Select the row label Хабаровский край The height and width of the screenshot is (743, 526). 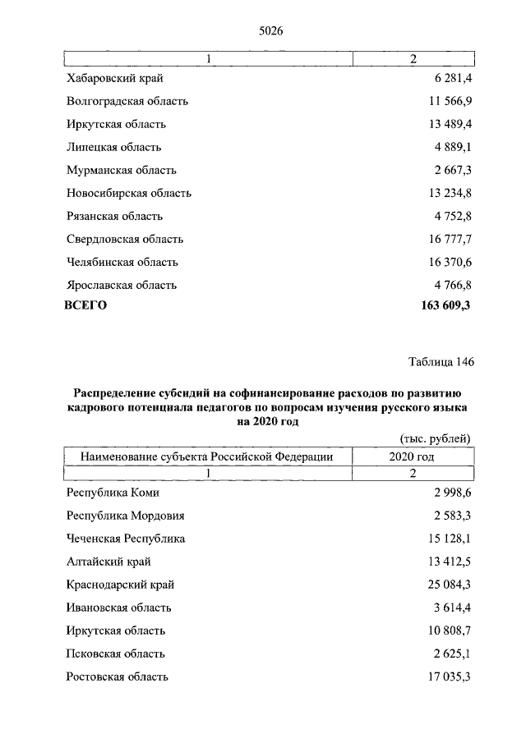116,78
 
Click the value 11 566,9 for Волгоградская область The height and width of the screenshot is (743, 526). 448,101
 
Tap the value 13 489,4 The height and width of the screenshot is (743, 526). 448,124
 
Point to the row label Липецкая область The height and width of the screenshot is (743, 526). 113,147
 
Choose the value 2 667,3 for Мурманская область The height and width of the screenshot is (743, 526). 451,170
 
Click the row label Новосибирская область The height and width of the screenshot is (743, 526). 129,193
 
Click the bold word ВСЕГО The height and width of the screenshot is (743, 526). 85,305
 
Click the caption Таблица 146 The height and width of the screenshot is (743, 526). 441,361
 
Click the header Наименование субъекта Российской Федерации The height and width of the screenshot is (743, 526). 206,456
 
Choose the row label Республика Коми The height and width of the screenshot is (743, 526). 113,493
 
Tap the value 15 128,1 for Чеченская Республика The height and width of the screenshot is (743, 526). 448,539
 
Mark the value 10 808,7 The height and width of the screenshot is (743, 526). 448,631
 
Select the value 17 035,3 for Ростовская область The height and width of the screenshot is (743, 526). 448,676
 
